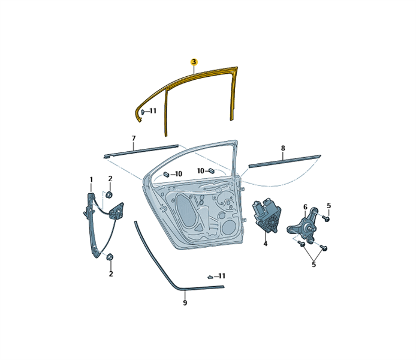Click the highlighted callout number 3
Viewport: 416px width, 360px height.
[194, 62]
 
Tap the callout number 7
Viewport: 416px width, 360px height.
[134, 139]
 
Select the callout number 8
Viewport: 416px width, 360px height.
[283, 148]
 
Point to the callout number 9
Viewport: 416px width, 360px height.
[185, 302]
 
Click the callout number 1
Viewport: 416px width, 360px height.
[91, 180]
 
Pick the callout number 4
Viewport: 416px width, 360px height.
[266, 243]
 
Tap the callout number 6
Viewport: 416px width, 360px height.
[305, 207]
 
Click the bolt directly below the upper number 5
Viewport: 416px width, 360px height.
[327, 218]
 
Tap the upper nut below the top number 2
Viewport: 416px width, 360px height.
[108, 195]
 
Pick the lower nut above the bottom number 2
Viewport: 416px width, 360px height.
[109, 257]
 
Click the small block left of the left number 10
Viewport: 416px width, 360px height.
[166, 174]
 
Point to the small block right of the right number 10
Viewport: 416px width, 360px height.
[212, 170]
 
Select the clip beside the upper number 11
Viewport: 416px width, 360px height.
[143, 112]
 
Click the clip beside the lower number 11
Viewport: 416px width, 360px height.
[210, 277]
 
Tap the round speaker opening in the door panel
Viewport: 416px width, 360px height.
[229, 227]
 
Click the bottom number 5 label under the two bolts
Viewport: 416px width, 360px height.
[314, 265]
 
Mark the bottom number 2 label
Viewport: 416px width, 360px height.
[111, 274]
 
